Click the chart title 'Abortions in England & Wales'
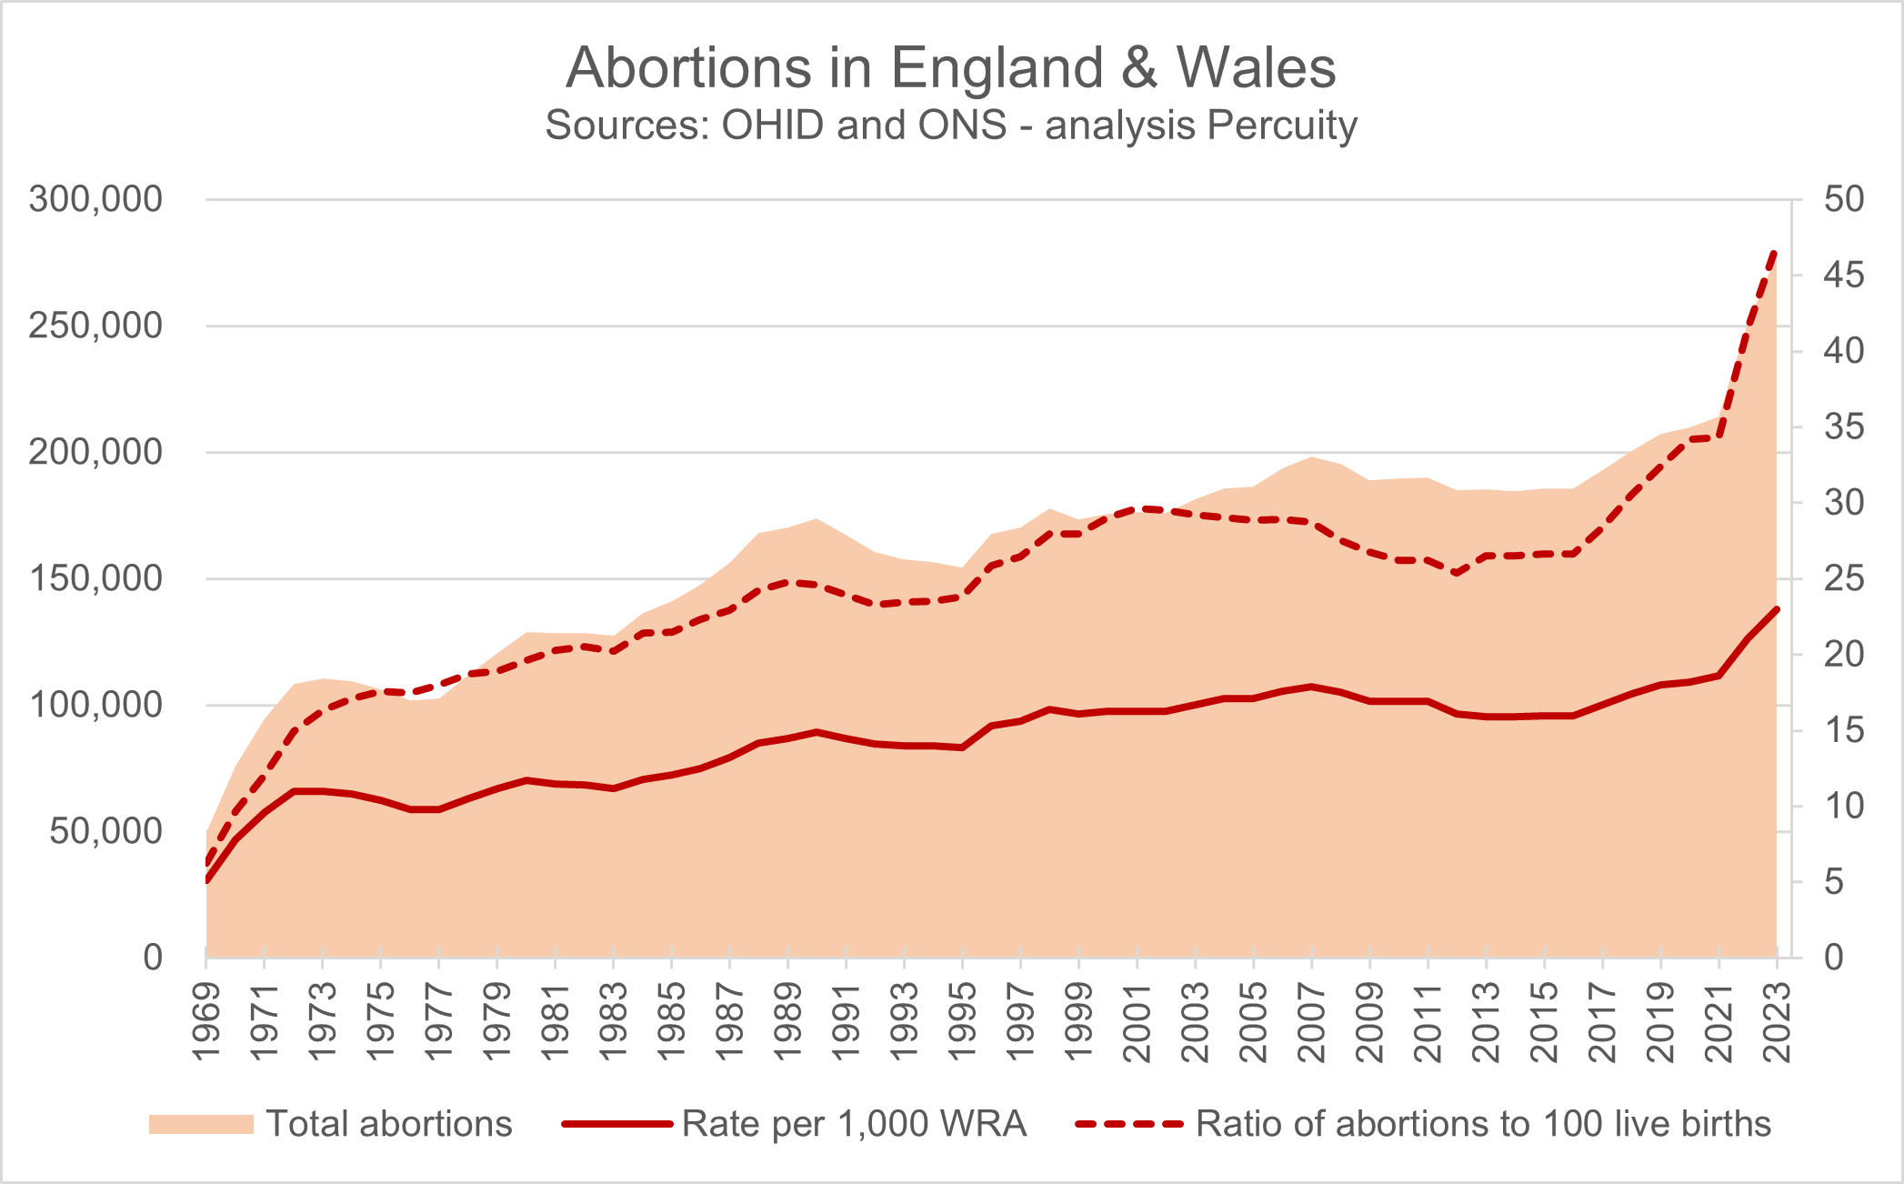point(951,67)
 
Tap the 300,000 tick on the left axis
point(95,199)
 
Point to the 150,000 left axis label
point(95,578)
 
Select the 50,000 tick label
point(105,831)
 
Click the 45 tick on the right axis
point(1843,275)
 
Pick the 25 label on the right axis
point(1843,578)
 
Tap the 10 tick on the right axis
point(1843,806)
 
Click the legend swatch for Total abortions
point(201,1124)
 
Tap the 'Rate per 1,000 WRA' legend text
point(854,1124)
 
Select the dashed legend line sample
point(1129,1124)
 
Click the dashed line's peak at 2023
point(1775,252)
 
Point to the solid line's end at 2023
point(1777,609)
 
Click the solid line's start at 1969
point(207,880)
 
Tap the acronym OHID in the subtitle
point(774,126)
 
